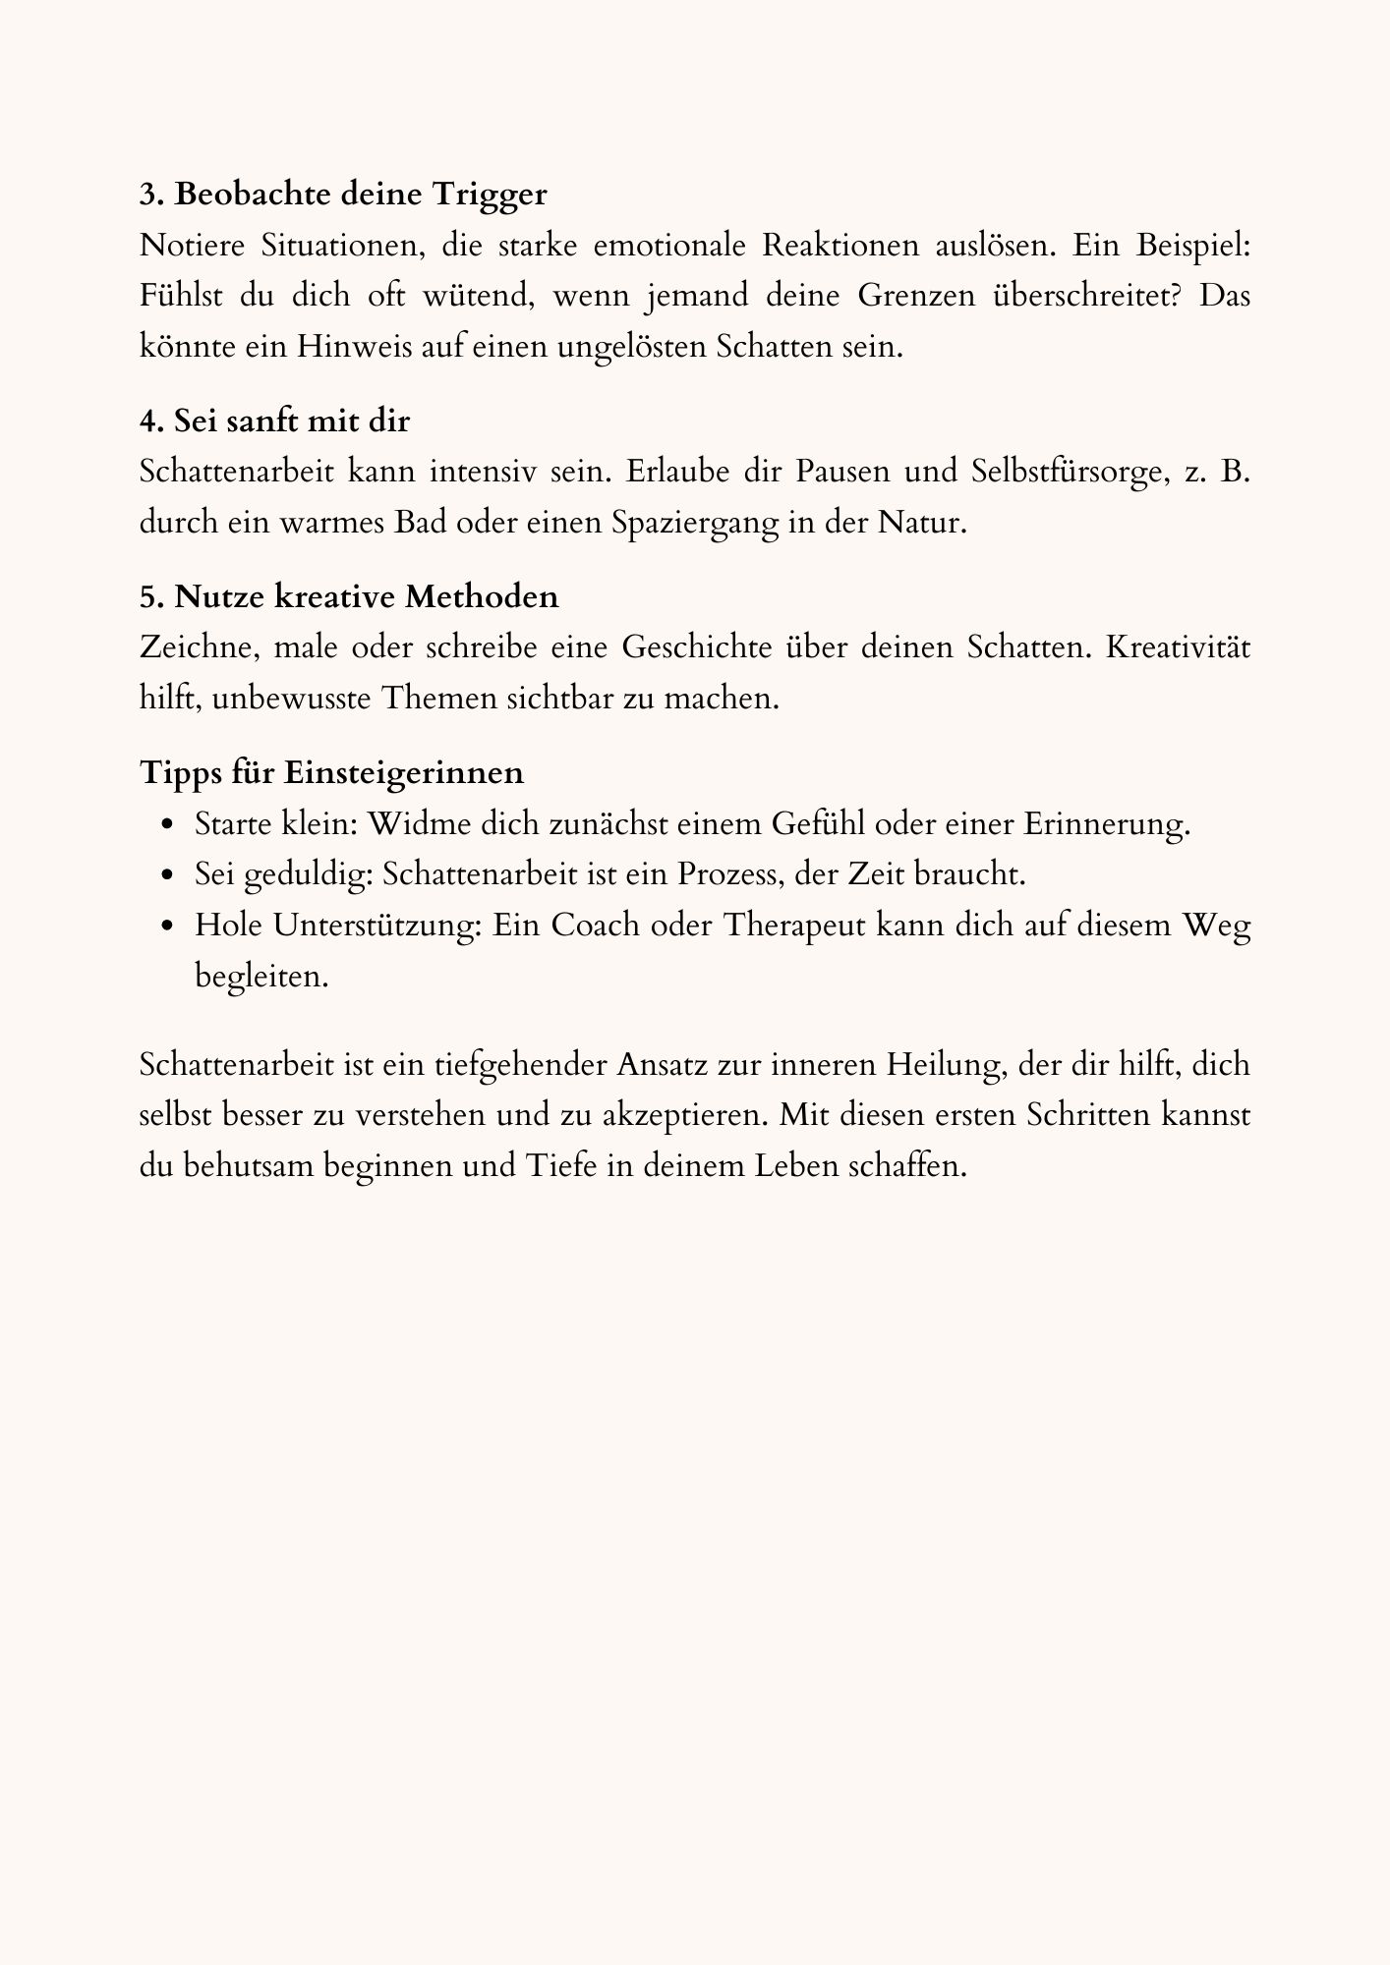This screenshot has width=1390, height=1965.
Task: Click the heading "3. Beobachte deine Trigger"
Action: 343,194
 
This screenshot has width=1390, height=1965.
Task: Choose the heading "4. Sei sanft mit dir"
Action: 274,421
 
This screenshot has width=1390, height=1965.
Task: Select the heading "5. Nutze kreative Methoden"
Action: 349,595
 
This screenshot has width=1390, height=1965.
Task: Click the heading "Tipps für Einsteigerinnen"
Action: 331,771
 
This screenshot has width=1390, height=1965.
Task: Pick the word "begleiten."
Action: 261,976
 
